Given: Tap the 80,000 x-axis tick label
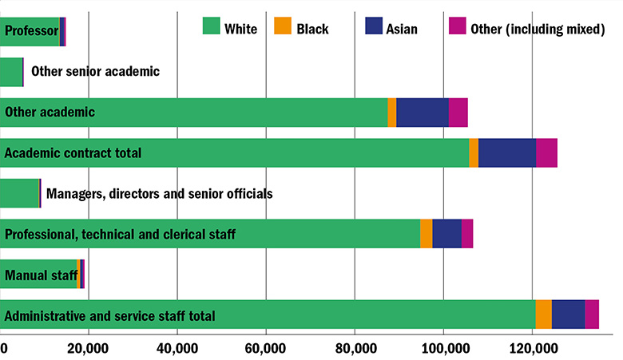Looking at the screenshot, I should coord(354,349).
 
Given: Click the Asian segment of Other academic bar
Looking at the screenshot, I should coord(422,113).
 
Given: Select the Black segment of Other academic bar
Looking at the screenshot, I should coord(392,113).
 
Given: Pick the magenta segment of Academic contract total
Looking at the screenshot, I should coord(546,152).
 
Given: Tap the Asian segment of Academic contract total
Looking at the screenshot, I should coord(507,152).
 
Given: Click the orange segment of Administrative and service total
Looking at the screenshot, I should coord(543,315).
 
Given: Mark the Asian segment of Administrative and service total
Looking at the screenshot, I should coord(568,315).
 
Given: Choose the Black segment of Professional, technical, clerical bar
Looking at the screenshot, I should coord(427,233).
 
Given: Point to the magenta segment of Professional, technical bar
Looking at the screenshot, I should coord(467,233).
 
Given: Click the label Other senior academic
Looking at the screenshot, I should coord(96,72).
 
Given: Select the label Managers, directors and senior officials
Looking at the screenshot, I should coord(160,193).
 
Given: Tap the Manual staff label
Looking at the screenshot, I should coord(41,276).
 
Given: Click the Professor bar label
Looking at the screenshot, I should coord(31,32).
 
